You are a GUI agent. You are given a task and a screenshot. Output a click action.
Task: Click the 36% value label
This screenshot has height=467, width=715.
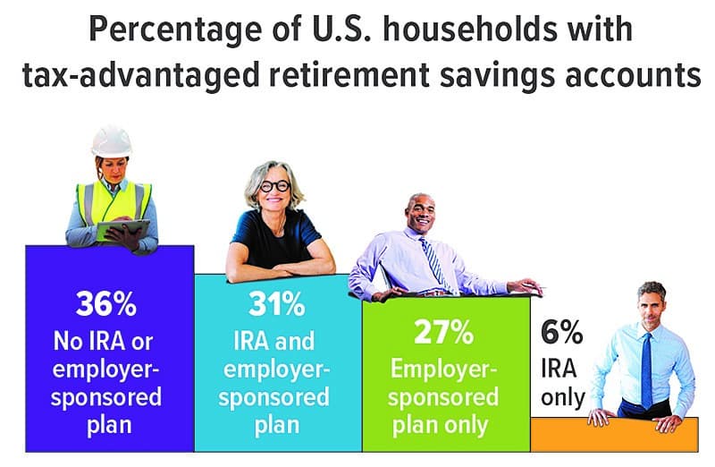pos(105,303)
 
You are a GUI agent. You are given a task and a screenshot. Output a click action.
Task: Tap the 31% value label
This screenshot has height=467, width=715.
pos(277,304)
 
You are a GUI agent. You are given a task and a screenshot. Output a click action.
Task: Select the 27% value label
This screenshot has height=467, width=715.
pos(443,332)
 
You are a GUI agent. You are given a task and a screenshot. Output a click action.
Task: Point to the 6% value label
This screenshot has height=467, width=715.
pos(562,332)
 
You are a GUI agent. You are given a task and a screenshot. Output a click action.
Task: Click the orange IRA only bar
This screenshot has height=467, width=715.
pos(614,436)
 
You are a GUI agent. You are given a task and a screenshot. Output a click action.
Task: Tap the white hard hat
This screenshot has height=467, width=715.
pos(112,141)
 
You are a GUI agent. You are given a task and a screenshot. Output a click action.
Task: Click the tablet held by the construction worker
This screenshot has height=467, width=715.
pos(123,230)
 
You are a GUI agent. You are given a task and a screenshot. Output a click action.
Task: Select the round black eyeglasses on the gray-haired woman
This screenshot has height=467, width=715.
pos(275,186)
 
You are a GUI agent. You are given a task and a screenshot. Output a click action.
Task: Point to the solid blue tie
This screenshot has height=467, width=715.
pos(646,370)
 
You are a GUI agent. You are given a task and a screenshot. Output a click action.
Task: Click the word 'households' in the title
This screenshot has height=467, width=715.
pos(470,30)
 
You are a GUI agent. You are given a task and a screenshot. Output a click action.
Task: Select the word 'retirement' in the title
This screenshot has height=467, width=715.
pos(349,74)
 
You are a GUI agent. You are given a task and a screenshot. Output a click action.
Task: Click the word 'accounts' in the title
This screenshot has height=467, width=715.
pos(633,75)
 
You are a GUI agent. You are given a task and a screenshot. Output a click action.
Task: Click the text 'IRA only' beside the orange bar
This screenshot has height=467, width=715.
pos(563,383)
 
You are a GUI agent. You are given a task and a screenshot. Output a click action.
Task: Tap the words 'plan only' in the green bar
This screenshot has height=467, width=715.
pos(440,426)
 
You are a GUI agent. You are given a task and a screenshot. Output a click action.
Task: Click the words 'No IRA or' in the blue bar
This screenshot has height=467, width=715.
pos(103,341)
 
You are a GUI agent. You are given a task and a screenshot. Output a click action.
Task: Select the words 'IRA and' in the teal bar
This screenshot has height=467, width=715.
pos(274,341)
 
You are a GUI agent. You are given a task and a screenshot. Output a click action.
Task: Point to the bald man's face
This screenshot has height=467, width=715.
pos(420,213)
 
